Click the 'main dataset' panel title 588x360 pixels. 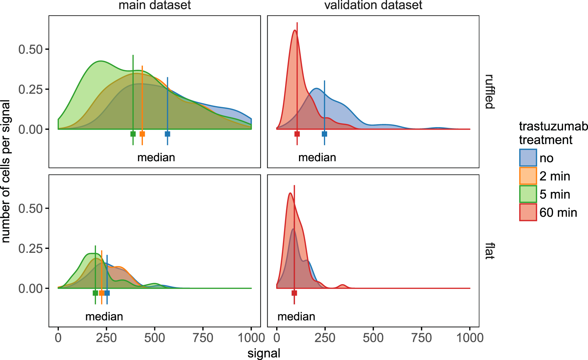(155, 5)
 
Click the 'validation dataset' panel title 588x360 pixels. (373, 5)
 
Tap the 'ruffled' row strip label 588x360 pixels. (490, 92)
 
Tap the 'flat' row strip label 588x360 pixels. (490, 251)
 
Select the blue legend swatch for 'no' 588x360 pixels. (528, 158)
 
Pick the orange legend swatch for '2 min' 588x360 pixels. (528, 176)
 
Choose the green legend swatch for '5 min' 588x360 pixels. (528, 194)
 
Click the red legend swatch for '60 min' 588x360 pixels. (528, 212)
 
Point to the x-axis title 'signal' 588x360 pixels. (264, 353)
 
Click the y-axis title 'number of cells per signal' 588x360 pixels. (6, 171)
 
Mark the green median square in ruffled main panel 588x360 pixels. (133, 134)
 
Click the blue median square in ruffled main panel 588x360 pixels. (167, 134)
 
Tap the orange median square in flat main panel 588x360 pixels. (102, 293)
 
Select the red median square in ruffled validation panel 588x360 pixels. (297, 134)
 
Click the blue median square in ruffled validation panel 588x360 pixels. (324, 134)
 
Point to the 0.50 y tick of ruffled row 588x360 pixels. (31, 49)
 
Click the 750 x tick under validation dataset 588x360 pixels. (421, 338)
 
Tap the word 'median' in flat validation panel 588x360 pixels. (296, 317)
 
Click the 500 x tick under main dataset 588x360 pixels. (155, 338)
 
